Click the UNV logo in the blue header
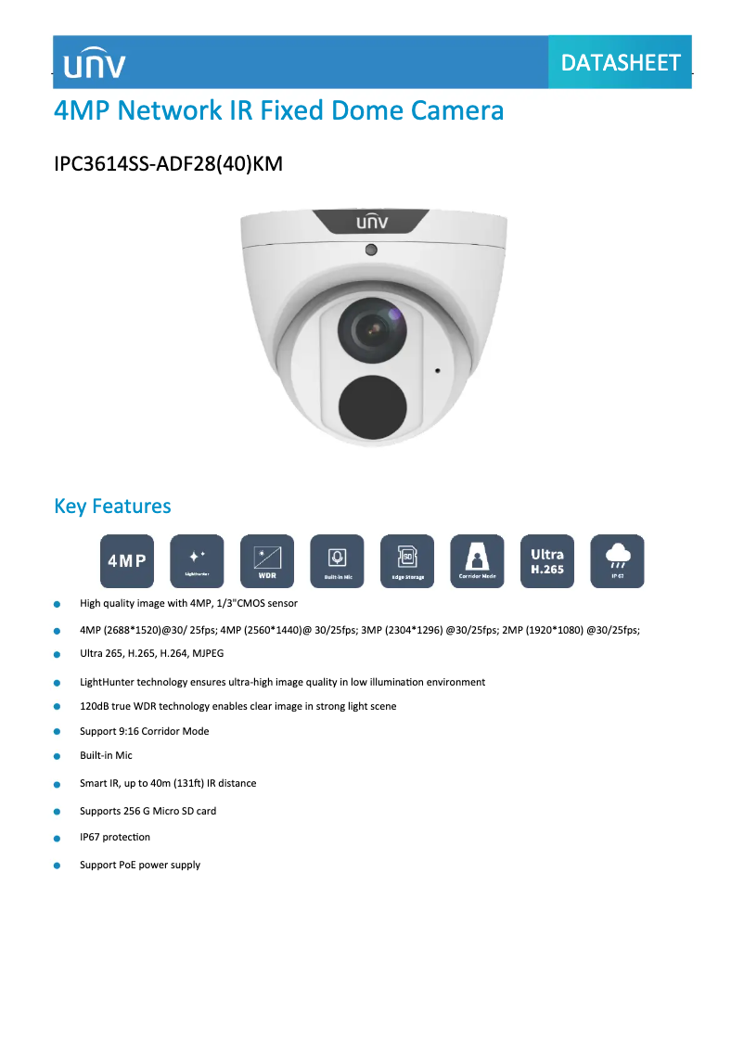coord(95,63)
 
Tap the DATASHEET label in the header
coord(621,62)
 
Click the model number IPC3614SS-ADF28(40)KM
coord(168,164)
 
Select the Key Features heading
coord(112,506)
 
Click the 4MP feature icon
coord(127,560)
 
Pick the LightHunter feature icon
coord(197,560)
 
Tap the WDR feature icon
coord(267,560)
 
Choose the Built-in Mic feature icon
coord(337,560)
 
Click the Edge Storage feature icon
coord(407,560)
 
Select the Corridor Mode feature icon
coord(477,560)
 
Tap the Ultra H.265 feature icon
coord(547,560)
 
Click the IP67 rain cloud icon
coord(617,560)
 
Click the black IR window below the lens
coord(372,405)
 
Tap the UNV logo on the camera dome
coord(372,223)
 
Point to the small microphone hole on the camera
coord(438,370)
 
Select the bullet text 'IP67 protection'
coord(115,837)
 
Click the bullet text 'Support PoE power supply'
coord(140,865)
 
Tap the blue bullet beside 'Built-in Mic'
coord(58,756)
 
